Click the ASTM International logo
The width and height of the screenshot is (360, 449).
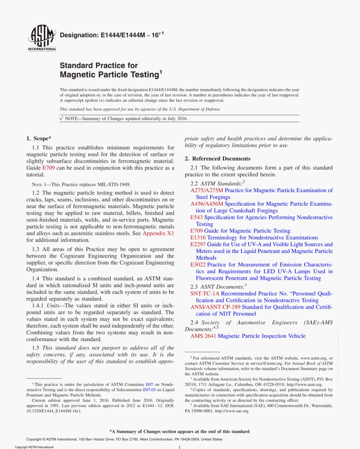[42, 39]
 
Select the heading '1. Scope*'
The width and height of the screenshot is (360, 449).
[39, 139]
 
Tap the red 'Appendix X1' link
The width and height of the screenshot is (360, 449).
[158, 233]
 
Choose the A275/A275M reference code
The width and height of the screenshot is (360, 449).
[207, 191]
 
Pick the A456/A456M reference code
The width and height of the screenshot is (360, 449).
[207, 204]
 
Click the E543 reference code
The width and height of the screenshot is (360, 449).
[197, 217]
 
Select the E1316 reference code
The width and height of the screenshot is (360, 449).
[198, 238]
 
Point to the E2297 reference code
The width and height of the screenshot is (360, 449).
[198, 244]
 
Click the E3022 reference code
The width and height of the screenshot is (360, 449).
[198, 264]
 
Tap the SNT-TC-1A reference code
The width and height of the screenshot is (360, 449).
[205, 294]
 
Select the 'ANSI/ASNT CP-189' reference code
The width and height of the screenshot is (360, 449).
[215, 307]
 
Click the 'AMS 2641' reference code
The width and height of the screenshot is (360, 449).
[203, 336]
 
